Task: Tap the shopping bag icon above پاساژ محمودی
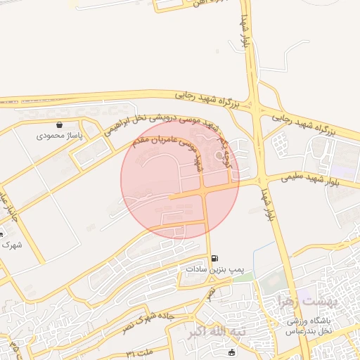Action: click(60, 124)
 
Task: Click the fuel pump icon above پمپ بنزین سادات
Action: click(214, 258)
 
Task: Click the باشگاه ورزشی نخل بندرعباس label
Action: click(313, 326)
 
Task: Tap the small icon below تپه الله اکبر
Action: click(232, 351)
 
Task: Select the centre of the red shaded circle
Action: click(180, 180)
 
